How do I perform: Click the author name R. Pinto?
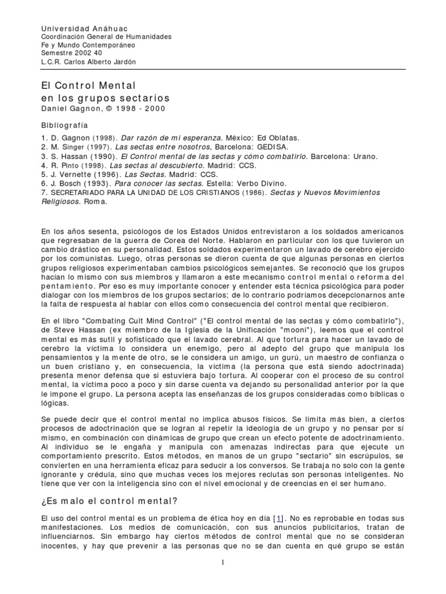coord(61,165)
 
